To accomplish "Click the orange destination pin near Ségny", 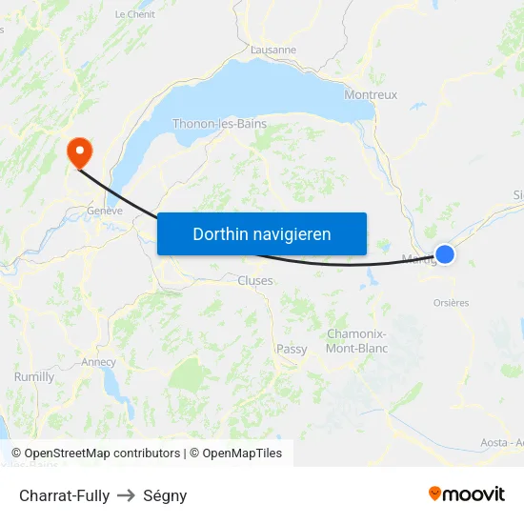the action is coord(77,151).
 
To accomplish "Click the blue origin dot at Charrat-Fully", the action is coord(444,253).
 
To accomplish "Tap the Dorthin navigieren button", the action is coord(262,233).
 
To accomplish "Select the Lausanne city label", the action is coord(273,50).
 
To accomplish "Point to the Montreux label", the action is coord(371,95).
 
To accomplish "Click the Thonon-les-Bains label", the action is coord(219,124).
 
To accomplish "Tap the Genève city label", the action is coord(105,211).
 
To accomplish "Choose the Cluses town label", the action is coord(255,281).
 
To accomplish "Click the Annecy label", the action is coord(99,362).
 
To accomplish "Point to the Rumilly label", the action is coord(34,377).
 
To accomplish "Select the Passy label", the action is coord(292,350).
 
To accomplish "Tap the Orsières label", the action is coord(451,303).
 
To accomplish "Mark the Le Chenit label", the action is coord(134,14).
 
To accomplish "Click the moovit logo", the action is coord(466,494).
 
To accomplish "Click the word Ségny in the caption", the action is coord(165,495).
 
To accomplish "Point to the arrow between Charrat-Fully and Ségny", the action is coord(126,495).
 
